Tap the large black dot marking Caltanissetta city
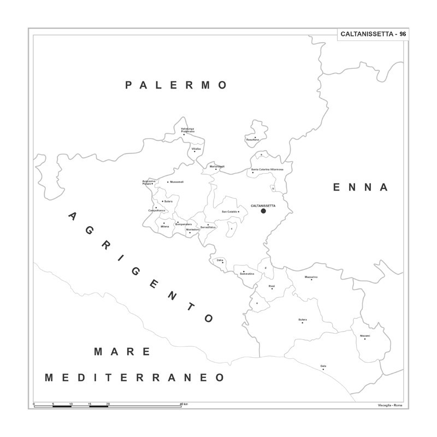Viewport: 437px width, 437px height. pyautogui.click(x=263, y=211)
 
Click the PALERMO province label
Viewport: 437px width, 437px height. pyautogui.click(x=176, y=85)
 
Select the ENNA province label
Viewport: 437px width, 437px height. pyautogui.click(x=361, y=187)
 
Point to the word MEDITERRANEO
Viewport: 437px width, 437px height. pyautogui.click(x=134, y=377)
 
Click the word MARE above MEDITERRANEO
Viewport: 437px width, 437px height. pyautogui.click(x=122, y=352)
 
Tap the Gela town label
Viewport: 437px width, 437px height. pyautogui.click(x=323, y=366)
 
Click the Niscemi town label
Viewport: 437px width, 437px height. pyautogui.click(x=365, y=335)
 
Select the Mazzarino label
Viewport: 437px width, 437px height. pyautogui.click(x=311, y=277)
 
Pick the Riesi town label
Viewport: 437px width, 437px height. pyautogui.click(x=271, y=286)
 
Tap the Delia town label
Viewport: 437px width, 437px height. pyautogui.click(x=220, y=260)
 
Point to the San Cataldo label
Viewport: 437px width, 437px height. pyautogui.click(x=229, y=211)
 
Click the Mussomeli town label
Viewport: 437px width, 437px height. pyautogui.click(x=177, y=182)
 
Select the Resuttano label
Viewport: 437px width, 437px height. pyautogui.click(x=252, y=140)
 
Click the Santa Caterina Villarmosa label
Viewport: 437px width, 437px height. pyautogui.click(x=267, y=169)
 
